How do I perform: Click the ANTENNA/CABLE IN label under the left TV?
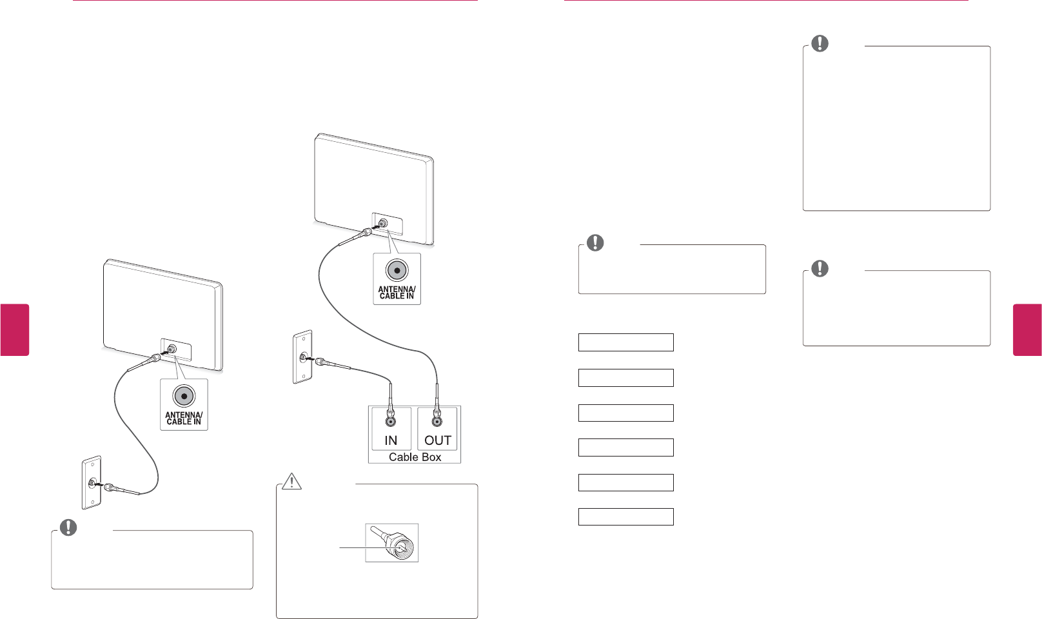(x=184, y=418)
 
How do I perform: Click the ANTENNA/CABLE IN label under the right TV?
(x=397, y=293)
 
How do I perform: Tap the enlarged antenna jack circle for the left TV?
(x=184, y=396)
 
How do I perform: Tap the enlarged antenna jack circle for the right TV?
(x=397, y=270)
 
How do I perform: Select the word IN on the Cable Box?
(x=391, y=440)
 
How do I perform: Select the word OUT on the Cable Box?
(x=437, y=440)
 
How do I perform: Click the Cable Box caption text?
(x=415, y=457)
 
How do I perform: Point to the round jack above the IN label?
(x=390, y=422)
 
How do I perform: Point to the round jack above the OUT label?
(x=437, y=422)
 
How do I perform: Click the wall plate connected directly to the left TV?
(x=92, y=482)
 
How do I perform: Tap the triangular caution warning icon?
(x=292, y=481)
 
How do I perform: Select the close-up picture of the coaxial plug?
(x=392, y=542)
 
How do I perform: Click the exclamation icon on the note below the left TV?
(x=68, y=527)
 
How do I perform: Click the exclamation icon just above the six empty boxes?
(x=595, y=242)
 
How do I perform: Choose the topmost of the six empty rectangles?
(x=625, y=342)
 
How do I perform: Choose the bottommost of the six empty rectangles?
(x=625, y=516)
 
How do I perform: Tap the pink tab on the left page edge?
(x=14, y=329)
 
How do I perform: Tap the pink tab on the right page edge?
(x=1027, y=329)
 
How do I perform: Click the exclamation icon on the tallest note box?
(x=819, y=43)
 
